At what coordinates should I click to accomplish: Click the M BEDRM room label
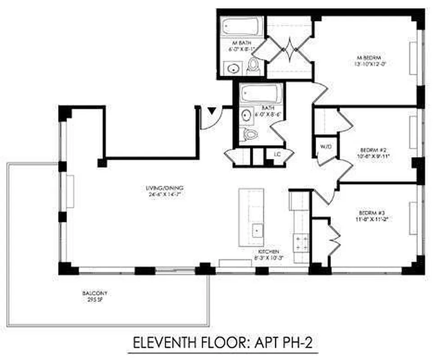click(x=368, y=58)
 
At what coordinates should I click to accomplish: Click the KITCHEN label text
click(x=268, y=252)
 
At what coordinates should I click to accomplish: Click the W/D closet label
click(x=325, y=146)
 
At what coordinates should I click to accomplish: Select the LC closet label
click(x=277, y=153)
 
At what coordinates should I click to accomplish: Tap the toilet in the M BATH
click(x=254, y=67)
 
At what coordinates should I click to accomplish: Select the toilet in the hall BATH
click(x=249, y=133)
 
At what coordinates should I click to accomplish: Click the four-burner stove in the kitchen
click(x=300, y=243)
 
